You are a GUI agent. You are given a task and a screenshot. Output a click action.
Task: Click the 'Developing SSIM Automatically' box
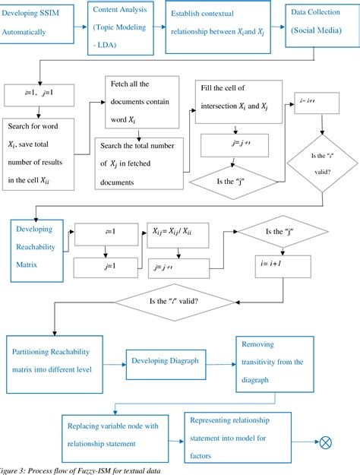coord(39,25)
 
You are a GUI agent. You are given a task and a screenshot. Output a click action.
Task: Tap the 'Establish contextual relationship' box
coord(217,27)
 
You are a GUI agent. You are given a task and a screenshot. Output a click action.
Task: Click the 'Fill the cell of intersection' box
coord(238,100)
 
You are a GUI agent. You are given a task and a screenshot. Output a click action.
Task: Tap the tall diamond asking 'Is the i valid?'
coord(322,162)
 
